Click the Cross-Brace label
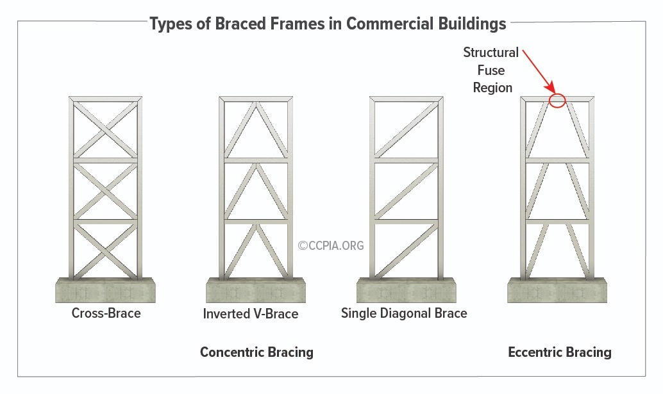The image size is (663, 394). (x=106, y=313)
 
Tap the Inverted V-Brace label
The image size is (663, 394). (x=250, y=314)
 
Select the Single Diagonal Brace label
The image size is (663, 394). (x=404, y=313)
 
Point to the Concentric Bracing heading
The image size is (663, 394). (x=256, y=352)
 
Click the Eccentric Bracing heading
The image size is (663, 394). (x=559, y=352)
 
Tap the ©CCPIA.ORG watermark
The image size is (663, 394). (x=331, y=245)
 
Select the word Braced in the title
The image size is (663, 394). (x=240, y=24)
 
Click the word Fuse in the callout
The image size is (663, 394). (x=491, y=70)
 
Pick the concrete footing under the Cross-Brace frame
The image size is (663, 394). (x=105, y=290)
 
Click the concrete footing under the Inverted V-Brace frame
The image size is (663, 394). (x=256, y=290)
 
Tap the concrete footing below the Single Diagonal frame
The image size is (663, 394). (x=407, y=290)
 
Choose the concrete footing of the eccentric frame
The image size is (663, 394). (x=557, y=290)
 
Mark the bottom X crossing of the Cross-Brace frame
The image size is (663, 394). (x=105, y=252)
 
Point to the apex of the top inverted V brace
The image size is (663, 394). (x=256, y=103)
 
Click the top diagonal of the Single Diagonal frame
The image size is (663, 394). (x=407, y=129)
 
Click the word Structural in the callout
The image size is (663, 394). (x=491, y=53)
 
